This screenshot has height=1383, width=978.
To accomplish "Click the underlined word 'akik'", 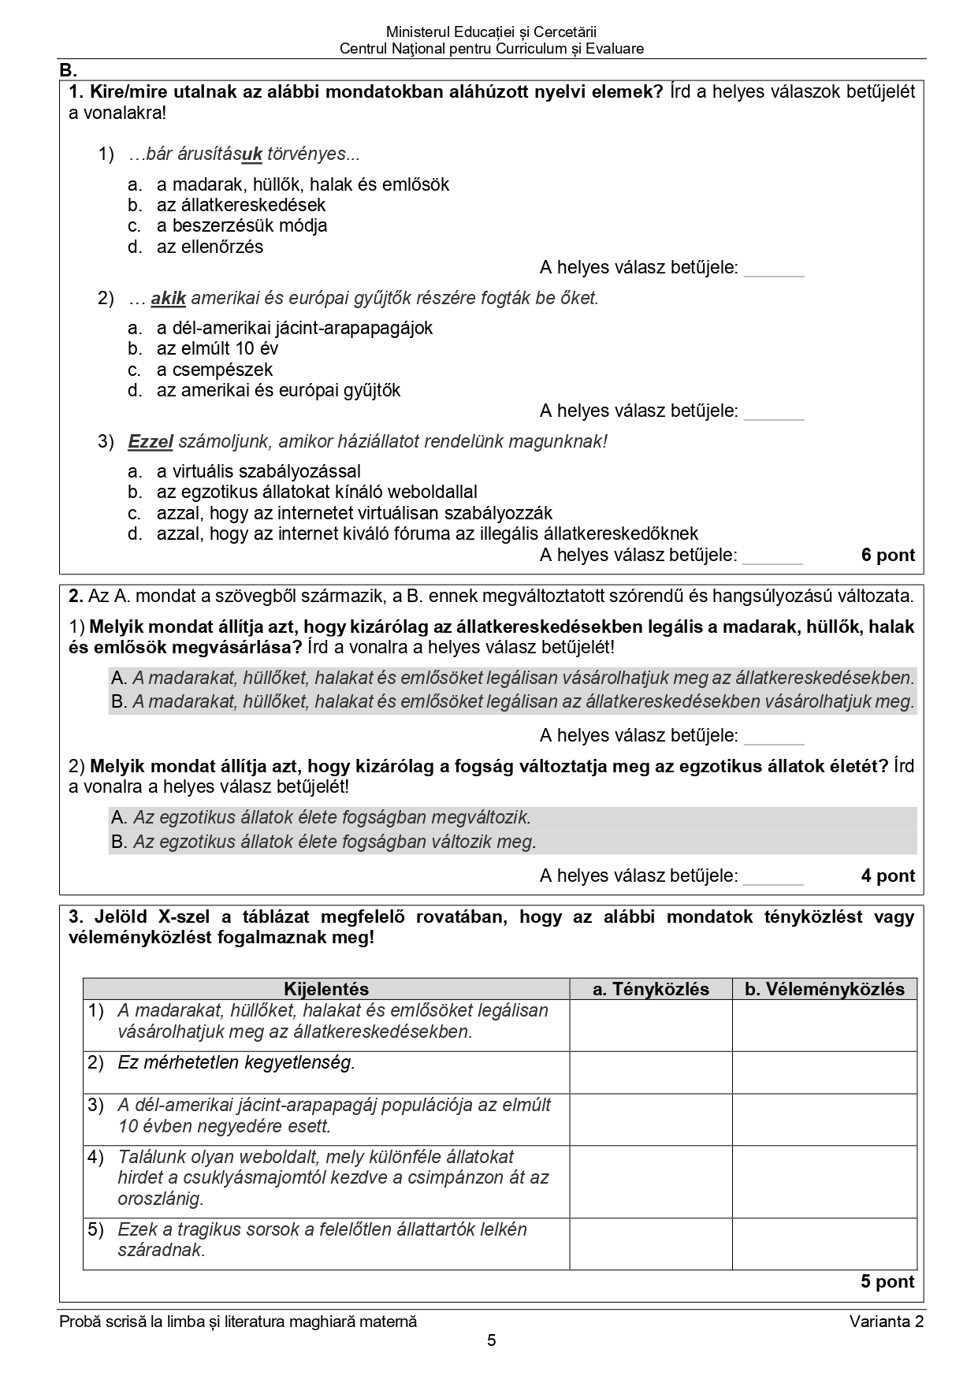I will point(168,299).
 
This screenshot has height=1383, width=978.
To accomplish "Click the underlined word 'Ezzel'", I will point(150,442).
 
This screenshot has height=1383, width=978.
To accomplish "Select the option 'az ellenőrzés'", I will point(210,247).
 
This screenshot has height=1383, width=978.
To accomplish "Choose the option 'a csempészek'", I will point(214,370).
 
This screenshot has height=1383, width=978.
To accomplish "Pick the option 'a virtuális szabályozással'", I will point(258,471).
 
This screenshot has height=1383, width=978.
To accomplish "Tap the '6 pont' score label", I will point(888,556).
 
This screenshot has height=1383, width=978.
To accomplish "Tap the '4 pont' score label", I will point(888,876).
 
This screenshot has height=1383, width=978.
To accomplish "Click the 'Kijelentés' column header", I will point(326,989).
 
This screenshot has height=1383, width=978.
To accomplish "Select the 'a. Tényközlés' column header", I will point(650,989).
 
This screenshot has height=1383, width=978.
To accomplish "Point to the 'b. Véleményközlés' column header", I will point(824,989).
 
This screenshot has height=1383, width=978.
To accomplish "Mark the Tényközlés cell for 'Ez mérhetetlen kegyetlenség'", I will point(650,1072).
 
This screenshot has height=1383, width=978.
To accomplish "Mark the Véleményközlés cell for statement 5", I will point(824,1244).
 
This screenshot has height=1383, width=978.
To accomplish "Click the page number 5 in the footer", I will point(492,1340).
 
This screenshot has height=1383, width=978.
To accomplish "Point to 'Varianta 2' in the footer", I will point(886,1322).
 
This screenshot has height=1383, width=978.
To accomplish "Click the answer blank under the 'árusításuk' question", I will point(774,270).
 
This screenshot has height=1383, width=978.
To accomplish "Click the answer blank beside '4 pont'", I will point(773,877).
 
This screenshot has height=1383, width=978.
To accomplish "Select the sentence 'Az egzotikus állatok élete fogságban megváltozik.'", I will point(332,818).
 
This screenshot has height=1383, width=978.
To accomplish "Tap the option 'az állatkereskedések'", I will point(240,205).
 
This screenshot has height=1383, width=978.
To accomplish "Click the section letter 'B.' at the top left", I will point(67,70).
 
